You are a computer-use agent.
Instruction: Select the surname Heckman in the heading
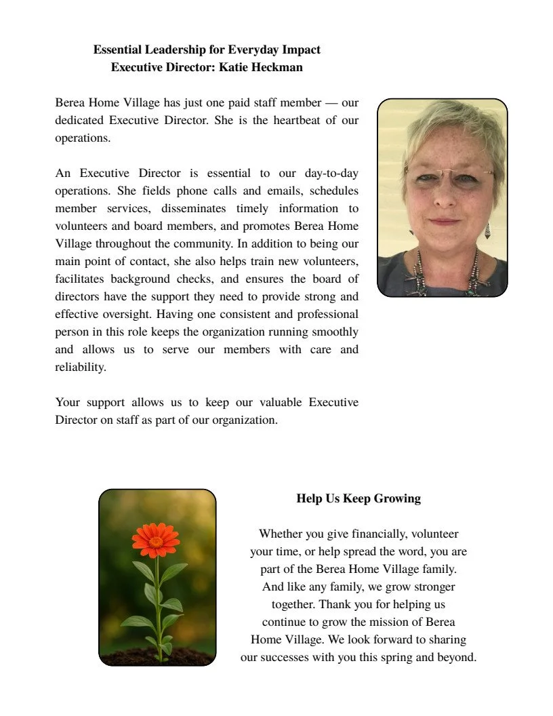274,67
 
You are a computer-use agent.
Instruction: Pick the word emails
271,191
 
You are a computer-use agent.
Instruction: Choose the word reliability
81,367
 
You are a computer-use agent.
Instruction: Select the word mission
388,622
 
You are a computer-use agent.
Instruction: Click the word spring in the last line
410,657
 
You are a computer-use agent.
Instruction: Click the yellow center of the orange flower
156,541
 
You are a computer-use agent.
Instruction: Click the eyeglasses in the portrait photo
449,177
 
